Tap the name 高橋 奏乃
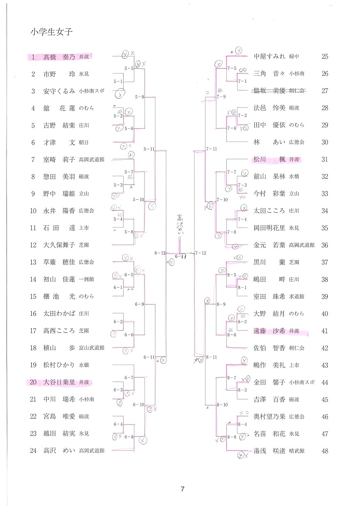(x=59, y=57)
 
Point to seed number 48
(x=324, y=451)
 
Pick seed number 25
(x=324, y=57)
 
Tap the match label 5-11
(x=149, y=149)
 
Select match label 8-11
(x=211, y=357)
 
